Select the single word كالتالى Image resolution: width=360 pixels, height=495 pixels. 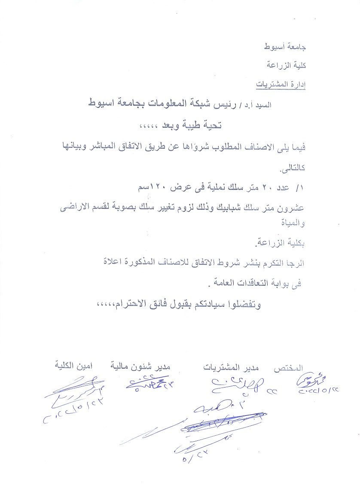point(292,169)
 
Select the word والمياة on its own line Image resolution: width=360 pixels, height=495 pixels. point(294,223)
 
